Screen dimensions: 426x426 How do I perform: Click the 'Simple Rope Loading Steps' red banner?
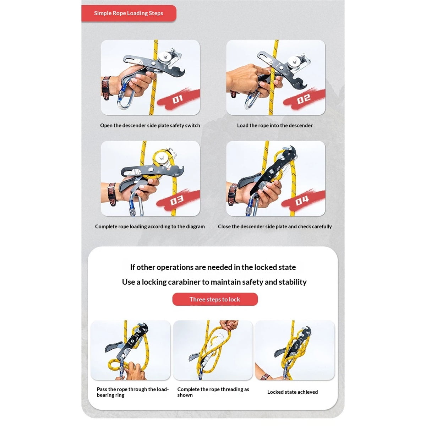(x=129, y=13)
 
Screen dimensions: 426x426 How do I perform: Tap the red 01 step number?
(x=177, y=99)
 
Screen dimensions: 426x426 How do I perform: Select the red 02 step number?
(x=304, y=99)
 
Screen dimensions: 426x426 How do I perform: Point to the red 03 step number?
(x=177, y=200)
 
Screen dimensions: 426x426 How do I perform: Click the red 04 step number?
(x=302, y=201)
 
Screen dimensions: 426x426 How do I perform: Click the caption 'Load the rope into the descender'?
(x=274, y=126)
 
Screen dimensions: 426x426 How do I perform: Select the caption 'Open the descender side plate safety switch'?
(x=150, y=126)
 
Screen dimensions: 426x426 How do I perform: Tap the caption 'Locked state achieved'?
(x=293, y=392)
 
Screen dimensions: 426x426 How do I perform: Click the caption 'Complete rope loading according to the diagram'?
(x=150, y=226)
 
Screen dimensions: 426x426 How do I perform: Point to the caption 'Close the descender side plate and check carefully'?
(x=275, y=226)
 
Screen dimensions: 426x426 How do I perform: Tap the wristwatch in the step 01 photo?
(x=106, y=88)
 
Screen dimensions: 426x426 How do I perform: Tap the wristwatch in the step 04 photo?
(x=232, y=195)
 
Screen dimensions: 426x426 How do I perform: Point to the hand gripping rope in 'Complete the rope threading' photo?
(x=229, y=325)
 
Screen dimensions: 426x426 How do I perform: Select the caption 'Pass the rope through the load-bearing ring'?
(x=133, y=392)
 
